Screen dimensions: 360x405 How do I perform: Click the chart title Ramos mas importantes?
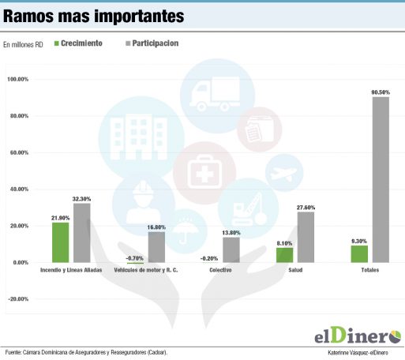coord(94,16)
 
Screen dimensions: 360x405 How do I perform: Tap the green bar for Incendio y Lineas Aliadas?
coord(61,242)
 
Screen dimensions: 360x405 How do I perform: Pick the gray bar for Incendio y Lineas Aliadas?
coord(81,233)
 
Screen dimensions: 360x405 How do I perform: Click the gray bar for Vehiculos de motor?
coord(156,247)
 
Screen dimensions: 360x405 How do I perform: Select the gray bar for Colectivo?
coord(231,249)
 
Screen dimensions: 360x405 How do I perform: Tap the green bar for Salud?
coord(284,255)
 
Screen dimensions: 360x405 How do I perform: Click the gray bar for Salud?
coord(306,237)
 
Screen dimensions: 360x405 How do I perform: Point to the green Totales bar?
coord(359,253)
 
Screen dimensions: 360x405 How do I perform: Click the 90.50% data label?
coord(381,92)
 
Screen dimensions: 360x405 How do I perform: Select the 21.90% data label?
coord(61,218)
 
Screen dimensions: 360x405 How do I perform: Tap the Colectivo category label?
coord(220,272)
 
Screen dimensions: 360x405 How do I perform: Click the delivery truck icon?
coord(212,94)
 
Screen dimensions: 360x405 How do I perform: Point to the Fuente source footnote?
coord(87,352)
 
